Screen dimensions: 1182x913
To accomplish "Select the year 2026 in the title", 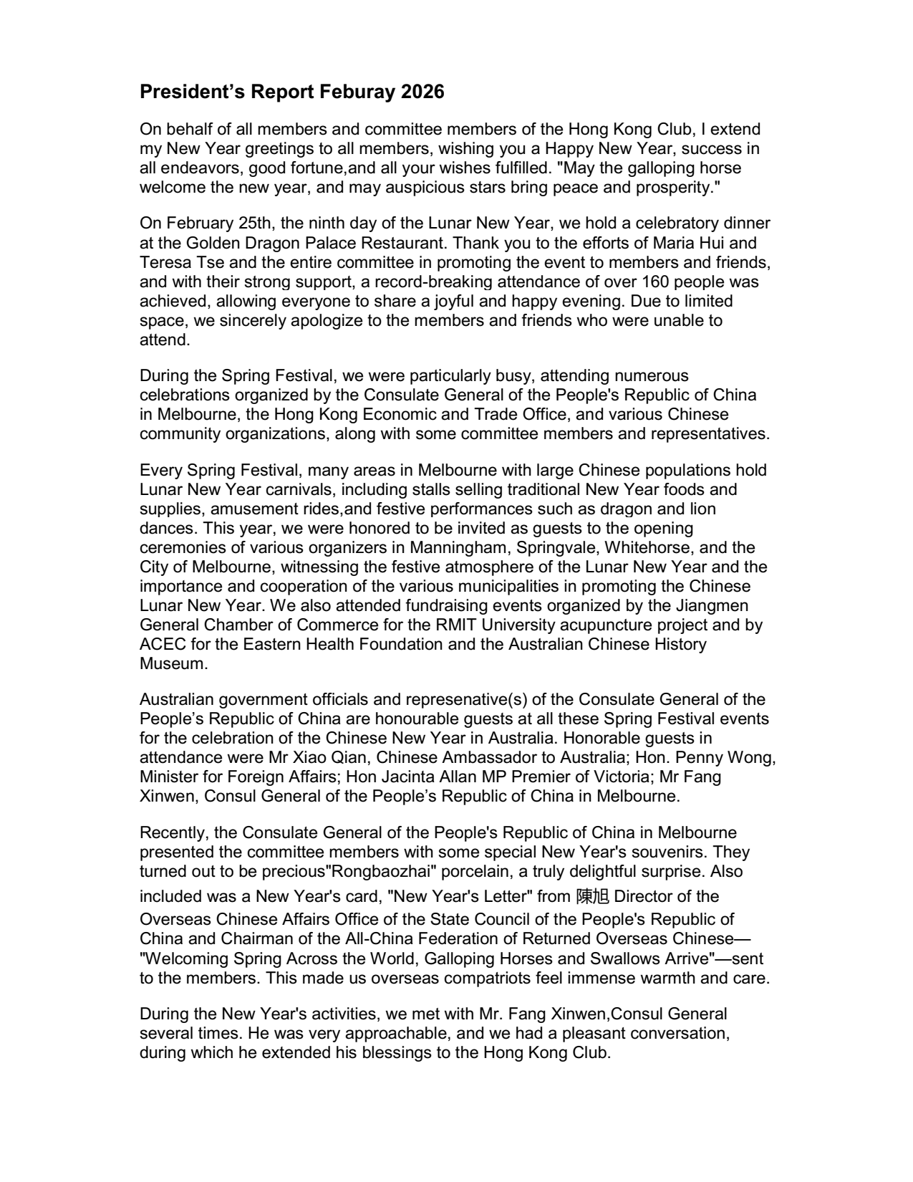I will point(423,92).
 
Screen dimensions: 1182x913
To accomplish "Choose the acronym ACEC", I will point(161,644).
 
